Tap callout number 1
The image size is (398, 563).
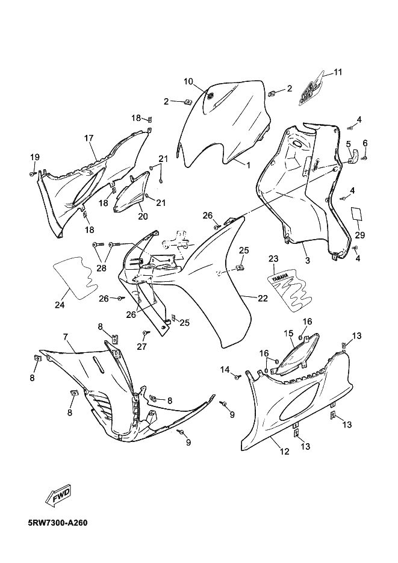pos(247,165)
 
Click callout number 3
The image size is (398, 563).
pos(308,261)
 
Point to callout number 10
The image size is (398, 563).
pos(188,81)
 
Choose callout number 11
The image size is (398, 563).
pos(338,72)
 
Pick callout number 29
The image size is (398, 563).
pos(359,235)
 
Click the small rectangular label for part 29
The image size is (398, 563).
pos(356,214)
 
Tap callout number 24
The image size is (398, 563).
pos(60,305)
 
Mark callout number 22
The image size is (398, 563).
pos(263,298)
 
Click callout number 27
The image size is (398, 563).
pos(142,346)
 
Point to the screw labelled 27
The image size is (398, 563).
pos(146,332)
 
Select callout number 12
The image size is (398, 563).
pos(284,452)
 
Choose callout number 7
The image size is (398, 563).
pos(65,337)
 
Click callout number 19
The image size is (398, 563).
pos(35,157)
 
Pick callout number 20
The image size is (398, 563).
pos(143,216)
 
